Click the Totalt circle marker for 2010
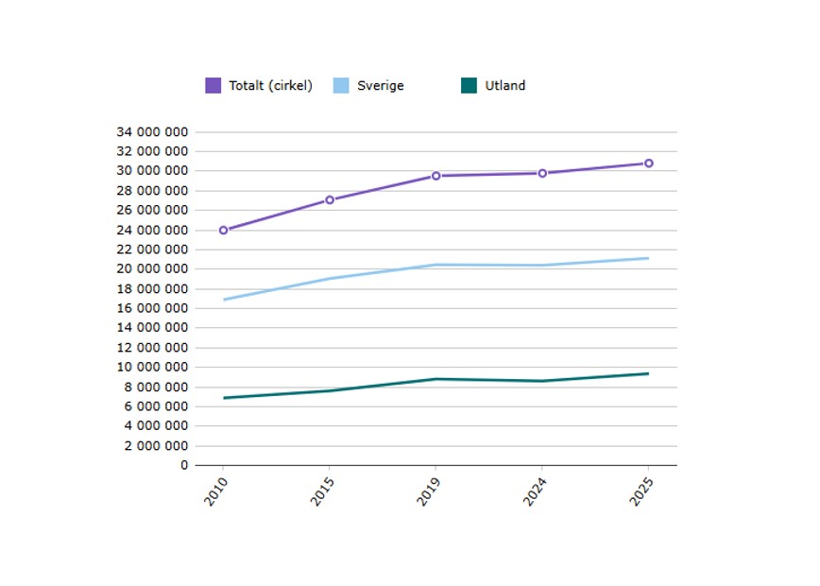[x=224, y=230]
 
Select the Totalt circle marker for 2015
[x=330, y=199]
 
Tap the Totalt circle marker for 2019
[x=436, y=176]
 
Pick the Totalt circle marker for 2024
[x=542, y=173]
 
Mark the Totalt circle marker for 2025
[x=648, y=164]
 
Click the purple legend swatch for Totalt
[x=214, y=86]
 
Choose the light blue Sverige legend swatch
[x=341, y=86]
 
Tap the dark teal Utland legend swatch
[x=469, y=86]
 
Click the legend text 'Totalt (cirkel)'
[x=270, y=86]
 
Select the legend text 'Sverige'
[x=380, y=86]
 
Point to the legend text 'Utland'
[x=504, y=86]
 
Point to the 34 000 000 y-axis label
[x=152, y=131]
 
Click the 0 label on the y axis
[x=184, y=465]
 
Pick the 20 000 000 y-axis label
[x=152, y=269]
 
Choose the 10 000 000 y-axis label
[x=152, y=367]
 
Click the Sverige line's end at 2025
[x=648, y=258]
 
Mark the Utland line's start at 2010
[x=224, y=398]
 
